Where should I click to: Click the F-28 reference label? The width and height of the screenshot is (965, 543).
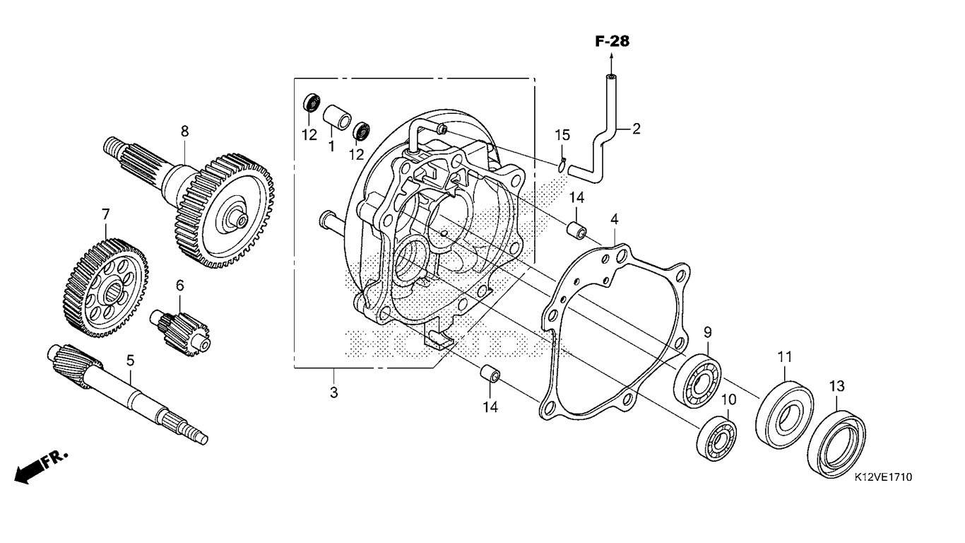611,42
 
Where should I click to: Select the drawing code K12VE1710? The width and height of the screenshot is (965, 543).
882,478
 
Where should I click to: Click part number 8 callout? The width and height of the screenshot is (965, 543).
185,131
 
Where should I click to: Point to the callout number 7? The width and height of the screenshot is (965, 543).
106,213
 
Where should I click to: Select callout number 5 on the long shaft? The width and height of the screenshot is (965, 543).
130,361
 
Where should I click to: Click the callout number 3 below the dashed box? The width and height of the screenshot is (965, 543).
333,392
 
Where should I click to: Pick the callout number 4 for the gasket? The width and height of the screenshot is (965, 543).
615,220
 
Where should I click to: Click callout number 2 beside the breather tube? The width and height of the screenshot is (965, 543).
636,129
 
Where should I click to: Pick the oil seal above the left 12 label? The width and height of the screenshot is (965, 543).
309,103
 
